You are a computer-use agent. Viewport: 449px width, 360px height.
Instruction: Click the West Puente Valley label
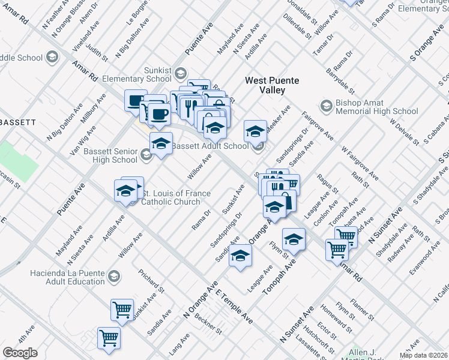point(265,85)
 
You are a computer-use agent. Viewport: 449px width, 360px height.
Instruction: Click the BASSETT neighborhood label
point(18,122)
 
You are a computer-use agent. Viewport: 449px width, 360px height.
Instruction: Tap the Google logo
point(20,353)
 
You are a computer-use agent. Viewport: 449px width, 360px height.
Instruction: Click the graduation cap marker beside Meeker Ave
point(255,130)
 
